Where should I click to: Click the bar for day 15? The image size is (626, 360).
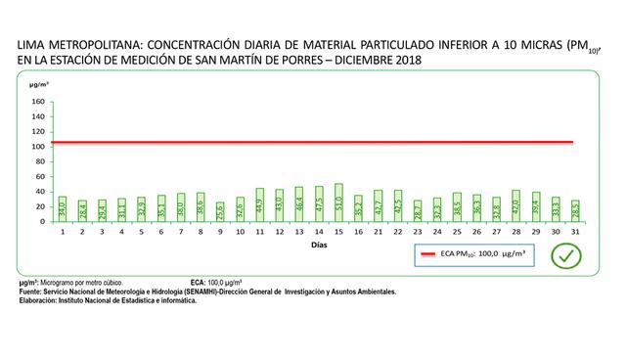(x=338, y=202)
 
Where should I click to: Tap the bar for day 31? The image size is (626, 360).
(x=575, y=211)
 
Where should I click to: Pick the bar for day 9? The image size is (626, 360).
(x=220, y=211)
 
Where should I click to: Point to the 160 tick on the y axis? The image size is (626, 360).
(x=38, y=101)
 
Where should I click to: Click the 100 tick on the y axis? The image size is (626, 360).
(x=38, y=147)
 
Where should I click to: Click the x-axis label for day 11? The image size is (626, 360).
(x=259, y=233)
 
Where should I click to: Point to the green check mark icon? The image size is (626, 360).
(x=566, y=256)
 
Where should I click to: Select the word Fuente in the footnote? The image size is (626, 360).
(x=31, y=291)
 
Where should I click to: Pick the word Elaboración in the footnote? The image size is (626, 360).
(x=41, y=300)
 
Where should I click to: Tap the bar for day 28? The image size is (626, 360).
(x=515, y=205)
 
